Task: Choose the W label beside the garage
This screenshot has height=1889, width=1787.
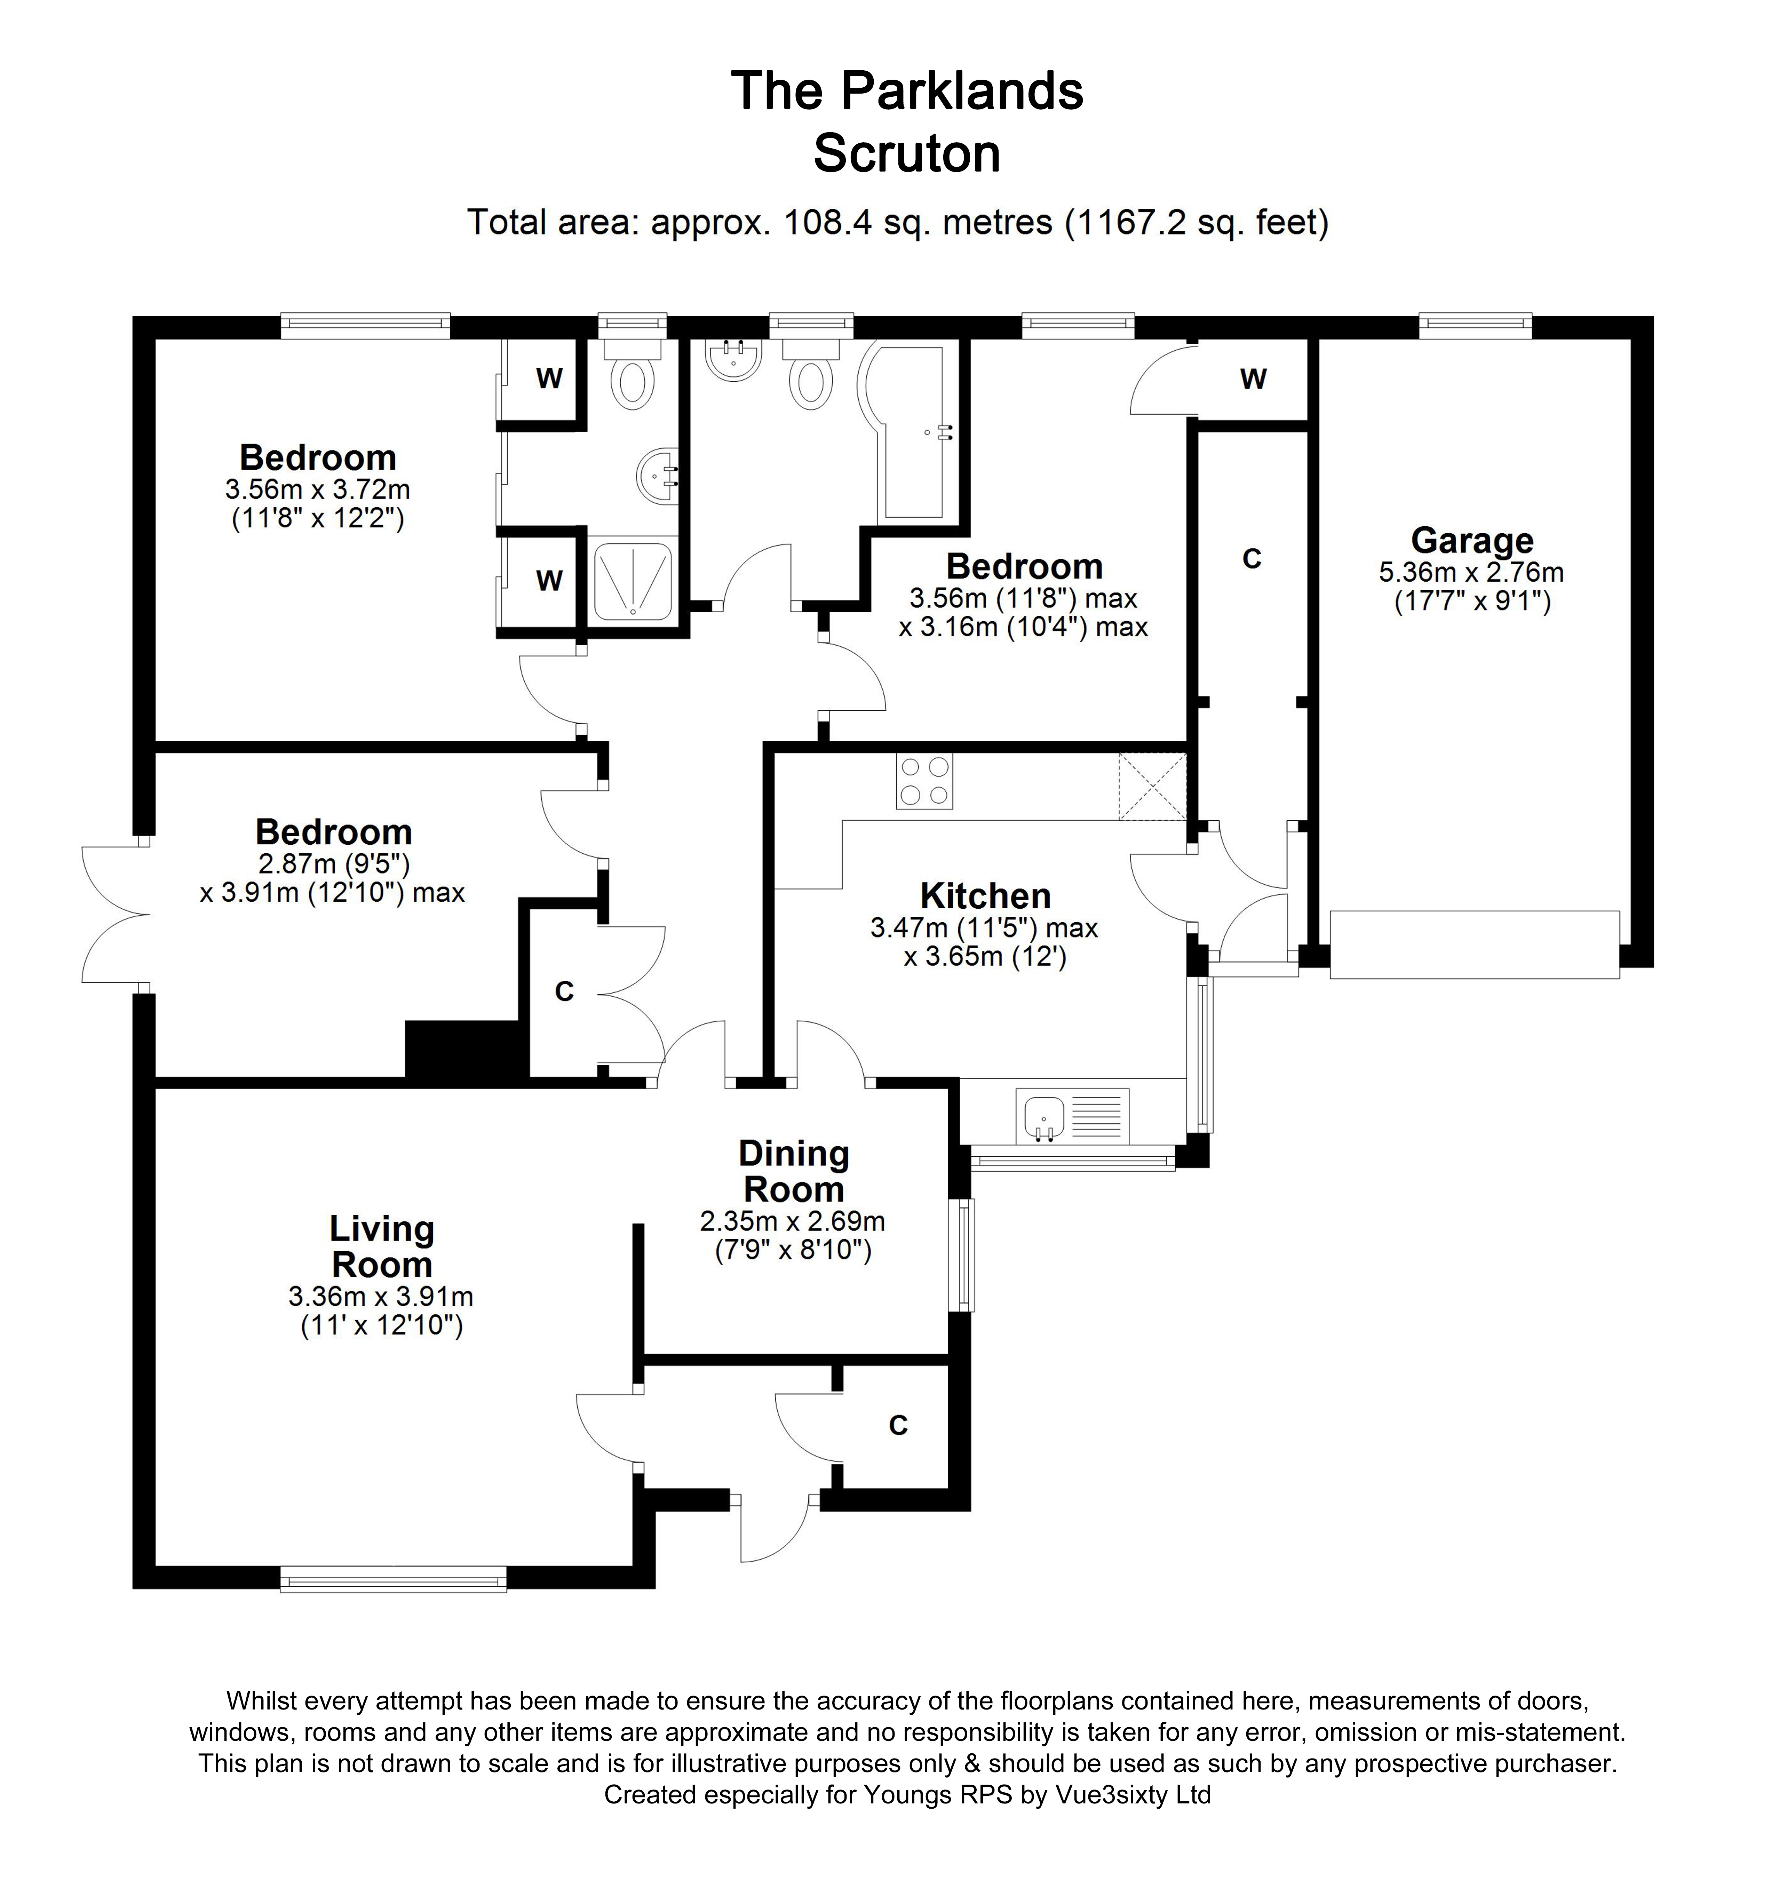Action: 1253,379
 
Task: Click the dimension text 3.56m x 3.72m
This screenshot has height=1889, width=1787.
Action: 317,489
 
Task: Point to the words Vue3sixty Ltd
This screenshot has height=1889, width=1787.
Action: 1133,1795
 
